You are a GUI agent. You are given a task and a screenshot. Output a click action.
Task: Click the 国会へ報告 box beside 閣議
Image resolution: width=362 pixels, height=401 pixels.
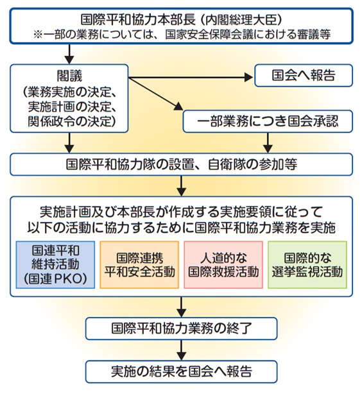304,76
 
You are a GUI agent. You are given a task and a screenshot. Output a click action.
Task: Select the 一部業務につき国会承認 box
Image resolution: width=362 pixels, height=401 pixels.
268,121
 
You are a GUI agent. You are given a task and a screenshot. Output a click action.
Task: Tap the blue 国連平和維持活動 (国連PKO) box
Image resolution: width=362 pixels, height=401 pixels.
55,265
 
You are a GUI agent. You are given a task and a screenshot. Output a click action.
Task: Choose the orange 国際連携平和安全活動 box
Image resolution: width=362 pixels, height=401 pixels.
139,265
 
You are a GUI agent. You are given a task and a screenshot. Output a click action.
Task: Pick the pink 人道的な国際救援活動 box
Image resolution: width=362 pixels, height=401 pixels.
223,265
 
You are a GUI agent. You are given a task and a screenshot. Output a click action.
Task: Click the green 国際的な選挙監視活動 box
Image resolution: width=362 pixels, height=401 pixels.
307,265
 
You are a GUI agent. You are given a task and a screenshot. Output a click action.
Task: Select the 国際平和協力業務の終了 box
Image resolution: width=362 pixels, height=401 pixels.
182,328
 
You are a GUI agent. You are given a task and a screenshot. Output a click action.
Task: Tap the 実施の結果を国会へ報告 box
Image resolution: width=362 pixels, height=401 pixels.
182,371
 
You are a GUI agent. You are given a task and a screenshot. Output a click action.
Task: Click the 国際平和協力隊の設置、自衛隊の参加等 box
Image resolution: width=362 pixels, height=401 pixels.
182,164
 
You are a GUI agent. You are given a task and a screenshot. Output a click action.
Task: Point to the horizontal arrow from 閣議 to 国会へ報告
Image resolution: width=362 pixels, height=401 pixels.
191,77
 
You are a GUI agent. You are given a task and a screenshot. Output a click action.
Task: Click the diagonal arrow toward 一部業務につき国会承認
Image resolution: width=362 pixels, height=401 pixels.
155,94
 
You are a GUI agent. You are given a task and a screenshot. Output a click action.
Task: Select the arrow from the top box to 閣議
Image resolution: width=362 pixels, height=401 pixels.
69,55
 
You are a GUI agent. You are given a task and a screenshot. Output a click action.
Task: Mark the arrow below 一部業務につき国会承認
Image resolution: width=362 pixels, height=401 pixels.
268,142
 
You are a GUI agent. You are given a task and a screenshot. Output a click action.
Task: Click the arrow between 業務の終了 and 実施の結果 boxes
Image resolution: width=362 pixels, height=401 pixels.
182,350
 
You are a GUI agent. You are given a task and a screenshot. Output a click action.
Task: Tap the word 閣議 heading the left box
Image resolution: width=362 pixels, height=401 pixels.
69,76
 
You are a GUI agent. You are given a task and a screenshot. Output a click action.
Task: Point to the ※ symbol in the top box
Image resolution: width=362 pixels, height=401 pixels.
38,35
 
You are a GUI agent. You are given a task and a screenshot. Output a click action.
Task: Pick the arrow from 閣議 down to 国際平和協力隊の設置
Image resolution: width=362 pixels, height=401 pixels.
69,142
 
